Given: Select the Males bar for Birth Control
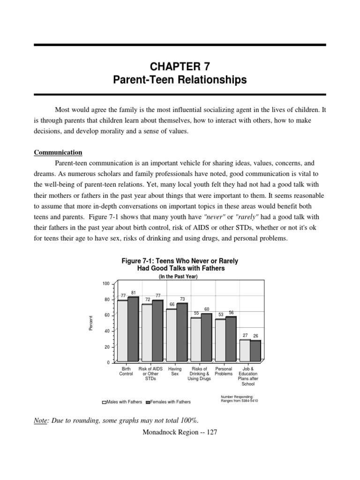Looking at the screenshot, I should pos(122,330).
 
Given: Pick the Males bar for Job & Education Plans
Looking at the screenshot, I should pos(244,350).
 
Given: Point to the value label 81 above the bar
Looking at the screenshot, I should pos(134,292).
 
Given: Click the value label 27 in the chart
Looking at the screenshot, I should pos(245,336).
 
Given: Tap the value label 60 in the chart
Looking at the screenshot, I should pos(207,309).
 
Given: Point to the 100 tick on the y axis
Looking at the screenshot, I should pos(105,284).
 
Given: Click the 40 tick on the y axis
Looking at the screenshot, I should pos(106,331).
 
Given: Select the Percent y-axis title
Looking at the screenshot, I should pos(91,323).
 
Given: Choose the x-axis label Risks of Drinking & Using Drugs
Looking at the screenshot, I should pos(199,374).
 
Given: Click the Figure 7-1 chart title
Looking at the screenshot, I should pos(180,264).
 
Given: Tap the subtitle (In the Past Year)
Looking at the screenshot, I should pos(180,277).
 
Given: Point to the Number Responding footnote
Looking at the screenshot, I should pos(239,399).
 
